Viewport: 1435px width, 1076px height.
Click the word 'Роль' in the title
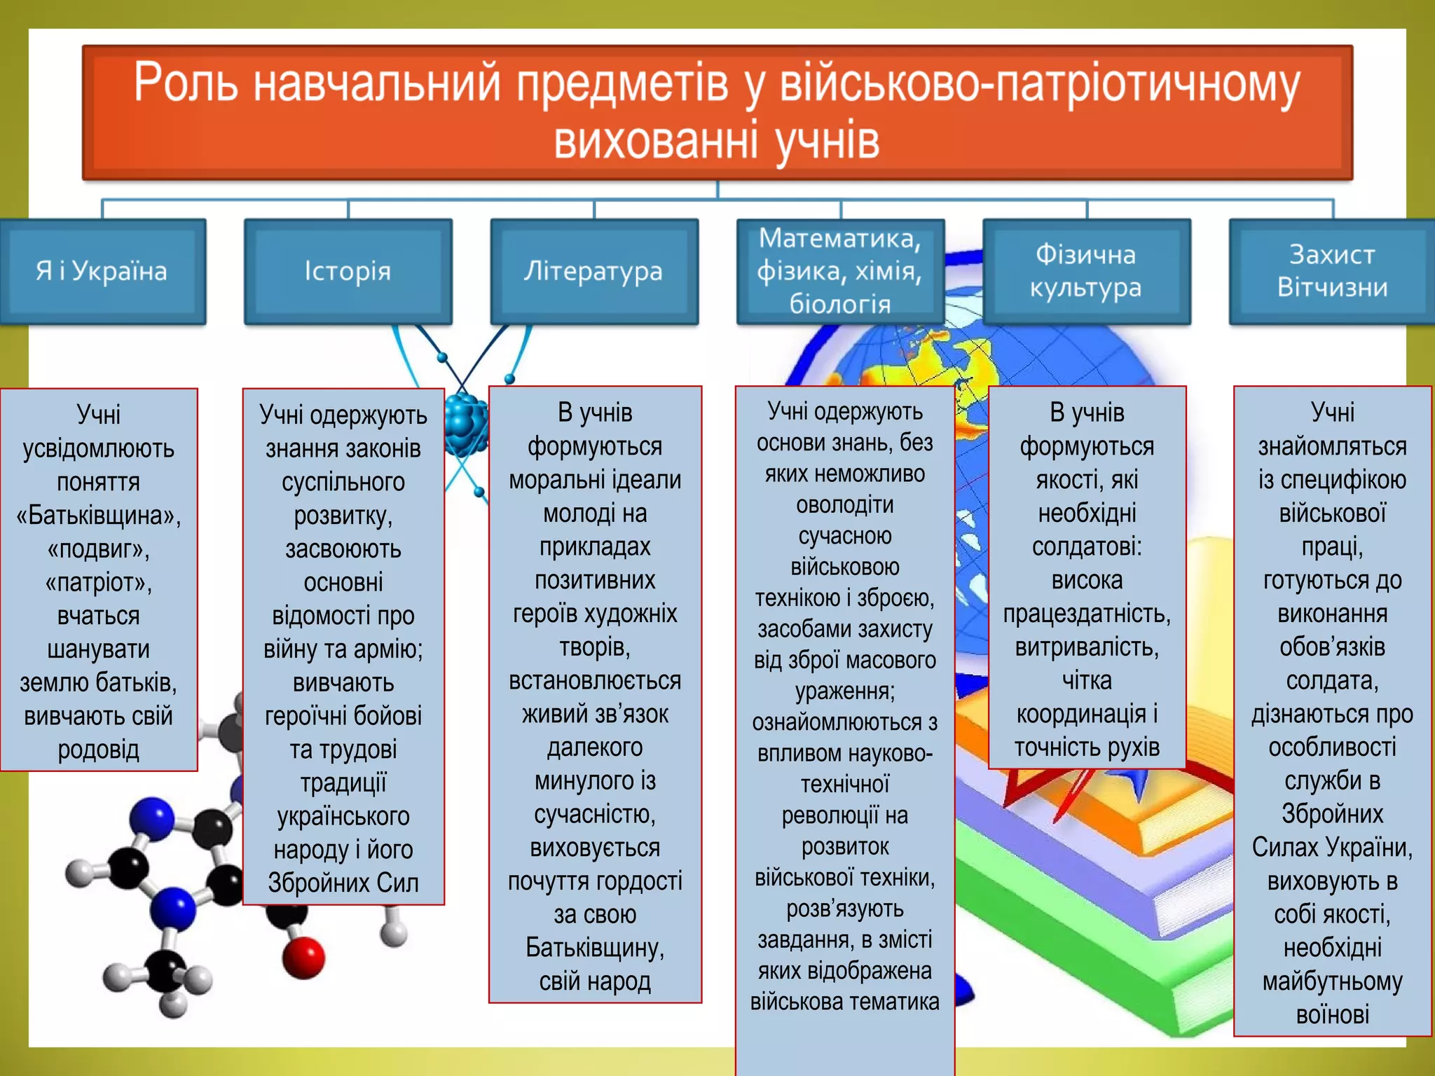click(185, 83)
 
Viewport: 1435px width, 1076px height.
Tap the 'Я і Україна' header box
click(102, 271)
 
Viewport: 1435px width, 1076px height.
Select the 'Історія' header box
click(348, 271)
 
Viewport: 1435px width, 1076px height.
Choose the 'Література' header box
click(594, 271)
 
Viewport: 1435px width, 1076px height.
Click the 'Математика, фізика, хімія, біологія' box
click(839, 271)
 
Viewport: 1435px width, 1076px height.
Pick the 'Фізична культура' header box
click(1086, 271)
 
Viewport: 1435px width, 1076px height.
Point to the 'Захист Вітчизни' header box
click(1332, 271)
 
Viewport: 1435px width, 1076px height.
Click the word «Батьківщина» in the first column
click(98, 516)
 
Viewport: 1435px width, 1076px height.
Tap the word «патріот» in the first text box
click(98, 583)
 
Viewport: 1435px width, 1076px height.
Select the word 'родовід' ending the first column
click(98, 750)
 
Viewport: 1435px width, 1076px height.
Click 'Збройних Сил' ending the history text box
click(343, 883)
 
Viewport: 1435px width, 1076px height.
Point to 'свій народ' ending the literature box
click(595, 981)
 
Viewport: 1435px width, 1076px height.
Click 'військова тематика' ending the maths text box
click(844, 1002)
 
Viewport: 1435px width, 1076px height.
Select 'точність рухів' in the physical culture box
click(1087, 747)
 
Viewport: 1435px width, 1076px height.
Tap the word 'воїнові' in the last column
click(1332, 1014)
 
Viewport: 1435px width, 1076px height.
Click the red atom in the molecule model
click(303, 958)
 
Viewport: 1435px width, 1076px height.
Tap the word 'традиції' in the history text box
click(343, 782)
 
